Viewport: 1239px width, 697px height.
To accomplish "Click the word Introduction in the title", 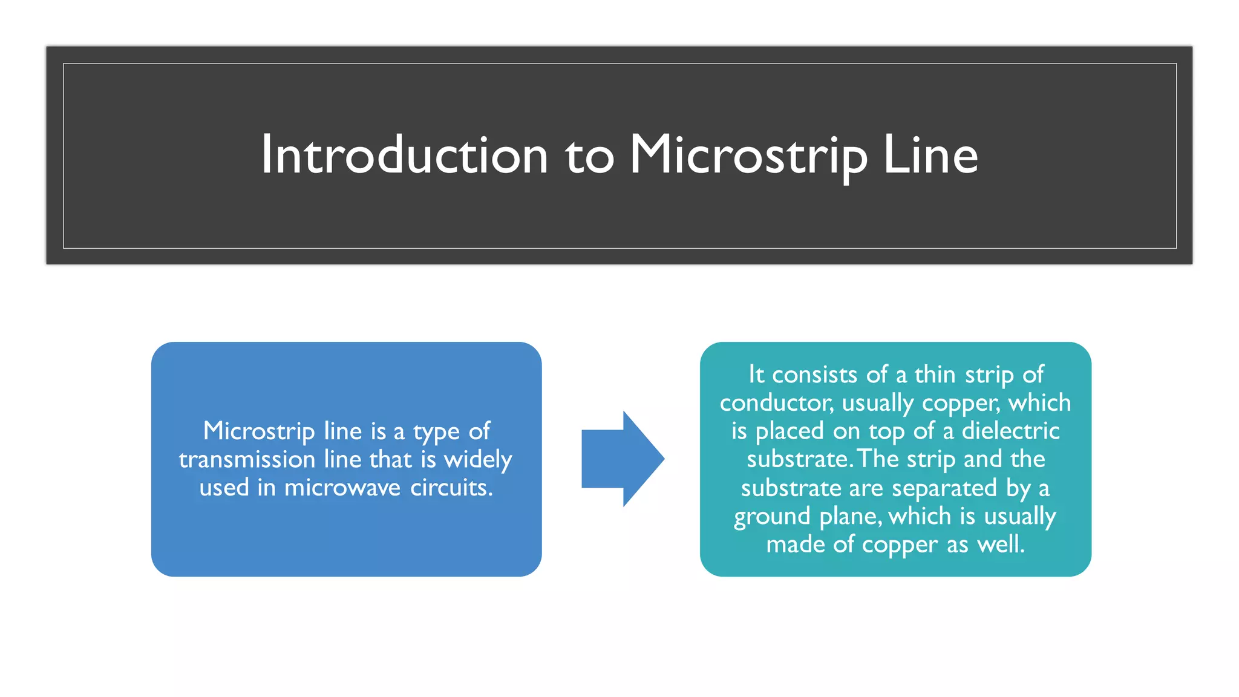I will pyautogui.click(x=404, y=155).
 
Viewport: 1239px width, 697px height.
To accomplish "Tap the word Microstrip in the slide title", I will pyautogui.click(x=748, y=155).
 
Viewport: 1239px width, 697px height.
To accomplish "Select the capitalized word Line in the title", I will pyautogui.click(x=930, y=155).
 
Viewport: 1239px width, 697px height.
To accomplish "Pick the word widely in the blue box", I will pyautogui.click(x=478, y=460).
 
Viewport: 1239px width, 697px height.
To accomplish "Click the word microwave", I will pyautogui.click(x=342, y=488).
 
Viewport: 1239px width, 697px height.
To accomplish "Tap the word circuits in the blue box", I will pyautogui.click(x=451, y=488).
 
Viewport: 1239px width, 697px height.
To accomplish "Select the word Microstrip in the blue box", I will pyautogui.click(x=259, y=431).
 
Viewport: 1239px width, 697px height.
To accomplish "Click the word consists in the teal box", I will pyautogui.click(x=815, y=375).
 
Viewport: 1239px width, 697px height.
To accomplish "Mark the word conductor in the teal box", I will pyautogui.click(x=777, y=403).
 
